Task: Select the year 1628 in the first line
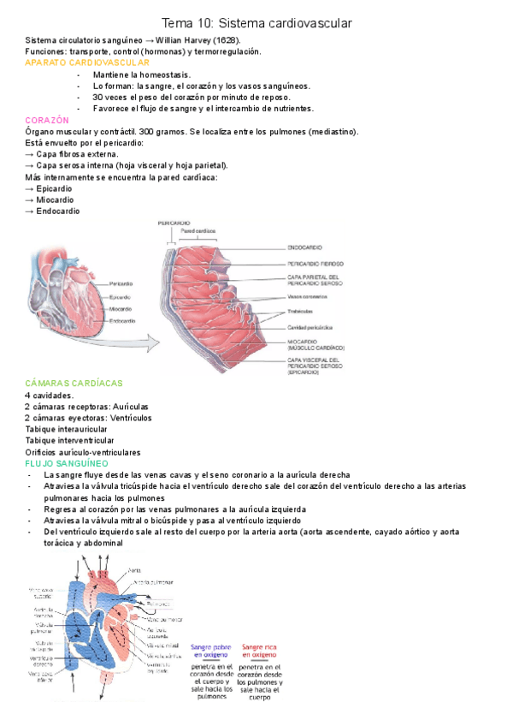point(223,40)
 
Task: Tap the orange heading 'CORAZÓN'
point(47,121)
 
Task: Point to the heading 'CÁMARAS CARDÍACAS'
point(74,384)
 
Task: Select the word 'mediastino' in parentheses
point(334,132)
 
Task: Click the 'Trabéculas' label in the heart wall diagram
point(300,311)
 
